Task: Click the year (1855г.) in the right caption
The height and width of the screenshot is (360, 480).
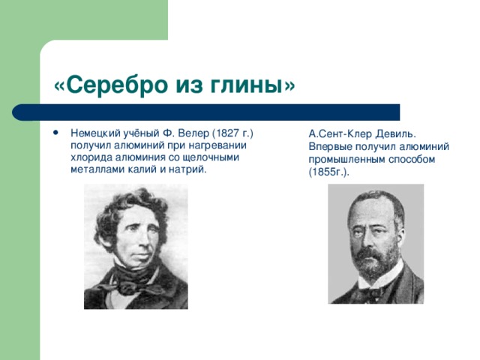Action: pyautogui.click(x=329, y=172)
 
